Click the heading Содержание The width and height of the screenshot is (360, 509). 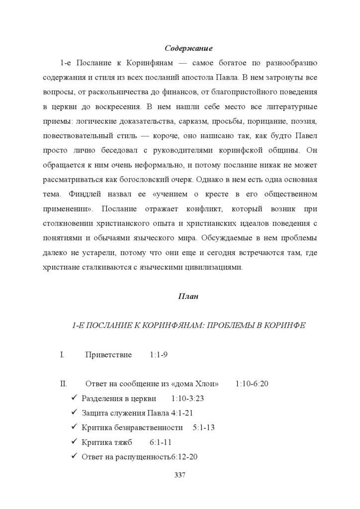[x=188, y=49]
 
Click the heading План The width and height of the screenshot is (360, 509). [x=188, y=297]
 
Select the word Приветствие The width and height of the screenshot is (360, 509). [x=108, y=355]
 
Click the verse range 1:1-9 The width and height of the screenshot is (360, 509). [x=158, y=355]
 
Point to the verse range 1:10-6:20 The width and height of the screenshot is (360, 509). [x=252, y=384]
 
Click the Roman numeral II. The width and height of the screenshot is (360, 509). [x=63, y=384]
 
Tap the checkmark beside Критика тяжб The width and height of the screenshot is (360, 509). [x=75, y=442]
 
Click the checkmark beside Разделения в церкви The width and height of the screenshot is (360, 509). [x=75, y=399]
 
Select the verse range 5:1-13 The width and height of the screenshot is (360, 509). [x=203, y=427]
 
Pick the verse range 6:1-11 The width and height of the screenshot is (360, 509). [x=161, y=442]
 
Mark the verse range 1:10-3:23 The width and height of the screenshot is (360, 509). [x=187, y=399]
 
